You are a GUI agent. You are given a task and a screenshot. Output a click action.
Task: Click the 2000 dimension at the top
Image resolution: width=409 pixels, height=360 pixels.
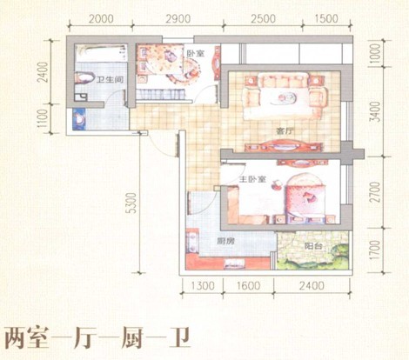(x=101, y=19)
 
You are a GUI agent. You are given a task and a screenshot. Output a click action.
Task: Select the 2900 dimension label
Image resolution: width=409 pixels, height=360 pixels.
(x=178, y=19)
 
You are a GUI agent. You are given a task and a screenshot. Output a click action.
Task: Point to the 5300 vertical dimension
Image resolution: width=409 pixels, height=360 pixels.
(x=131, y=203)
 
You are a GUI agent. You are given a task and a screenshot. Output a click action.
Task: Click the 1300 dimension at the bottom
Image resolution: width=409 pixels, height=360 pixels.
(x=203, y=286)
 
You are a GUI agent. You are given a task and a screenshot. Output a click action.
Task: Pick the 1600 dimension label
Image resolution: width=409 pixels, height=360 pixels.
(x=248, y=286)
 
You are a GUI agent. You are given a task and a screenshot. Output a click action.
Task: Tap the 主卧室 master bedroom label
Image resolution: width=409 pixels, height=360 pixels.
(x=252, y=179)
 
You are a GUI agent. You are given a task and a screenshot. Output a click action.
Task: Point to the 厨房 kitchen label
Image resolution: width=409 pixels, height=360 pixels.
(x=225, y=241)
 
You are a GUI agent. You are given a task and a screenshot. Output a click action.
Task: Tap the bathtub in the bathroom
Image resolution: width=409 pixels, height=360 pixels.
(x=101, y=52)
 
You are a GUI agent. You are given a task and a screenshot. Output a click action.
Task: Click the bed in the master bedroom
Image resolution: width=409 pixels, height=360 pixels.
(x=305, y=198)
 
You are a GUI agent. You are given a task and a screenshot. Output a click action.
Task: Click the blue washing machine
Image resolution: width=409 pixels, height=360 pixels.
(x=79, y=119)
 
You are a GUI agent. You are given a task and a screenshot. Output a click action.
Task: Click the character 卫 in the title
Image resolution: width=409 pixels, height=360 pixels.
(x=179, y=338)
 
